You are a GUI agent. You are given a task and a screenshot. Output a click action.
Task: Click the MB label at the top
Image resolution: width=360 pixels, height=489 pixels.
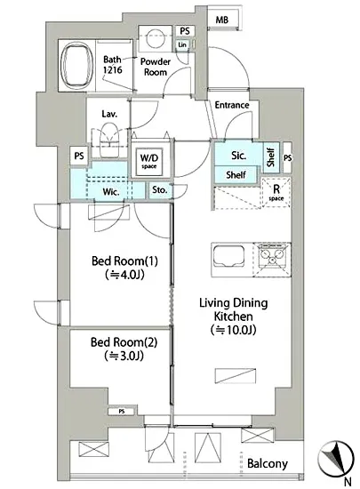click(222, 20)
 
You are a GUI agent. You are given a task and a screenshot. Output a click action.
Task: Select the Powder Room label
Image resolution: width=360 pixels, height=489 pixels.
click(156, 67)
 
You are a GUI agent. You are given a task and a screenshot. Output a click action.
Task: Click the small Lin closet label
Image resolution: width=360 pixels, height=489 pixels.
click(182, 45)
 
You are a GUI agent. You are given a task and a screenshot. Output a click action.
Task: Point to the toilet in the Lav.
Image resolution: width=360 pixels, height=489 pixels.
click(109, 139)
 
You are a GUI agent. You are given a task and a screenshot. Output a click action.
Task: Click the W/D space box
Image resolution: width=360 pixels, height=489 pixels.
click(148, 161)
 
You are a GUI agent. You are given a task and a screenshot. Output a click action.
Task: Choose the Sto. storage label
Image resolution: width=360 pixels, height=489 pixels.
click(160, 189)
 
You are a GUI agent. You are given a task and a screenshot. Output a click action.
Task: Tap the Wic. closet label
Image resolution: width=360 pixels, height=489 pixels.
click(111, 191)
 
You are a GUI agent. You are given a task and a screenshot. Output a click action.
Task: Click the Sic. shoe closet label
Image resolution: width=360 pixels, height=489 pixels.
click(239, 156)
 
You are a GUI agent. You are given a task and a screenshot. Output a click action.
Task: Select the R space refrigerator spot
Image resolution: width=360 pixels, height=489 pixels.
click(276, 192)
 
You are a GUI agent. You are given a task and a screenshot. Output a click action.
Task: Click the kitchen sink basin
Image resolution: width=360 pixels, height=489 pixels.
click(228, 256)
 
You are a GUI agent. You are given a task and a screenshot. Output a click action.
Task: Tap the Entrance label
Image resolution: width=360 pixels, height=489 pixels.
click(232, 105)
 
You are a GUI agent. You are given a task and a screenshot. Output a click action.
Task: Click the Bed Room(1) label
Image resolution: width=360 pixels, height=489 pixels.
click(124, 261)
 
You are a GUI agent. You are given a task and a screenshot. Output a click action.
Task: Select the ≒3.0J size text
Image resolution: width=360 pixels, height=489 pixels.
click(124, 356)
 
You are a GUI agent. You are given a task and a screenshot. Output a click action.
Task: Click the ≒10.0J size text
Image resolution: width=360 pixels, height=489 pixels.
click(234, 330)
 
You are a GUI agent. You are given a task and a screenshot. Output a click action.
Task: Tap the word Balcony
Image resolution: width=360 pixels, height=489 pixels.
click(268, 464)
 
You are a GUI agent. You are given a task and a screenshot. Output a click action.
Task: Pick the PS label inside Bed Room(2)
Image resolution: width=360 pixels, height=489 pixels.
click(122, 412)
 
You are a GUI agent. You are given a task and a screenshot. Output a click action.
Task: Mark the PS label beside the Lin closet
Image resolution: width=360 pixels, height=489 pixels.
click(185, 31)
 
